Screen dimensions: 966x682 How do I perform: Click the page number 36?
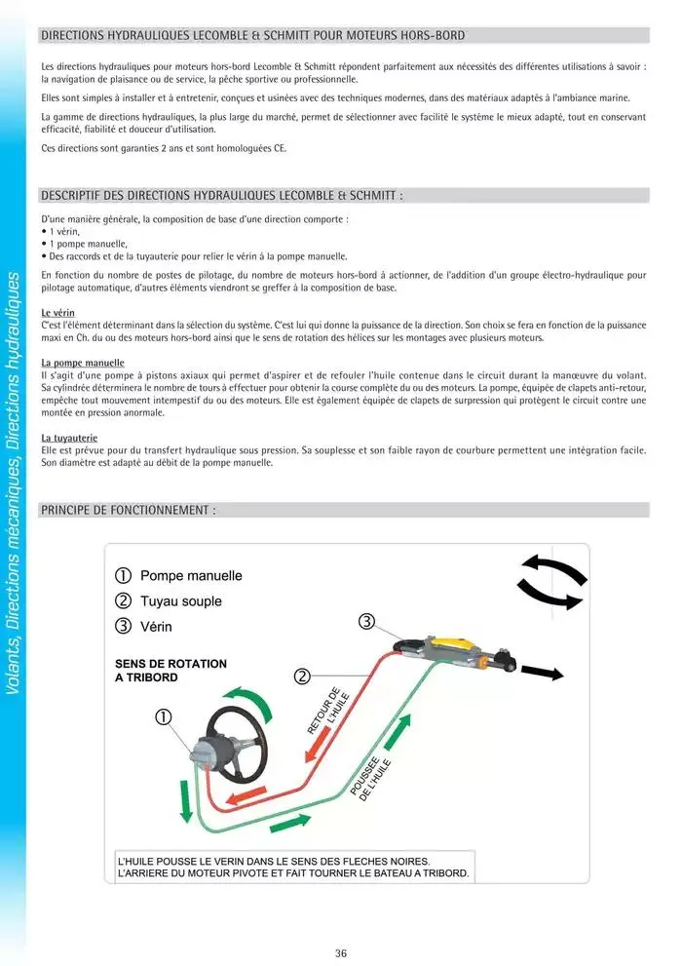(340, 953)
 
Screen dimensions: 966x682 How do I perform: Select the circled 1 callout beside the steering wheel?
(164, 716)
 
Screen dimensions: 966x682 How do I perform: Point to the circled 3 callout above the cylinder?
(366, 622)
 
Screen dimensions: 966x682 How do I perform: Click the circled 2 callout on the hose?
(302, 676)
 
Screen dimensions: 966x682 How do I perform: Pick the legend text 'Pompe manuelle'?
(191, 576)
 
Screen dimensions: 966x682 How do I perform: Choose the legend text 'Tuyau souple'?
(181, 601)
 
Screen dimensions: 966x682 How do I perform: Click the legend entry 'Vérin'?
(156, 626)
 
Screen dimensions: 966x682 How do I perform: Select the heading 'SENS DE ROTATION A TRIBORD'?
(170, 670)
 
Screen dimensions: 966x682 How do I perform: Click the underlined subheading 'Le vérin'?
(58, 312)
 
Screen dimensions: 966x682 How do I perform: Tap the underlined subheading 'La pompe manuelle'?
(83, 363)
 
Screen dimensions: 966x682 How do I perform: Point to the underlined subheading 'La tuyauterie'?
(68, 439)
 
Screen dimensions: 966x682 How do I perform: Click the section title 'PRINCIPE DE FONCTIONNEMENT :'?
(128, 510)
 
